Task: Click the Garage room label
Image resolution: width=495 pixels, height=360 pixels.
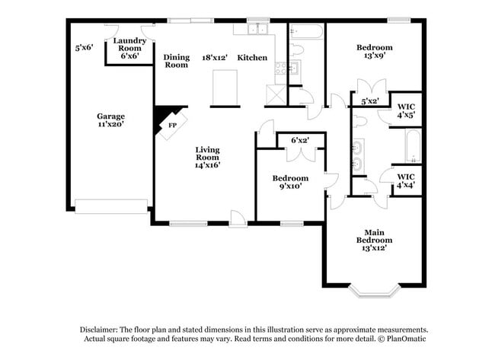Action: pyautogui.click(x=110, y=116)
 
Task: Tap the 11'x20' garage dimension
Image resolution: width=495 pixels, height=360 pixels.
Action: pyautogui.click(x=110, y=124)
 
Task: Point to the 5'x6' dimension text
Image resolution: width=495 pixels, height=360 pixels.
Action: pyautogui.click(x=84, y=47)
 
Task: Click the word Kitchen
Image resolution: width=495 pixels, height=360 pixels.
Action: pyautogui.click(x=252, y=57)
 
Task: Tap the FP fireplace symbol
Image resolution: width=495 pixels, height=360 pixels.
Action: pyautogui.click(x=172, y=125)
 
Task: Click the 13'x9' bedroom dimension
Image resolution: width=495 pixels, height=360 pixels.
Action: pyautogui.click(x=374, y=56)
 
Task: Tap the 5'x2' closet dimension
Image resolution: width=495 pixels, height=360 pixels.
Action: pyautogui.click(x=370, y=100)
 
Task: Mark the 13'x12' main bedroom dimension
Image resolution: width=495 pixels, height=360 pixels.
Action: pyautogui.click(x=374, y=247)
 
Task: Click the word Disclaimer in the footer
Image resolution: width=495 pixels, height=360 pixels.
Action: pyautogui.click(x=103, y=328)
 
